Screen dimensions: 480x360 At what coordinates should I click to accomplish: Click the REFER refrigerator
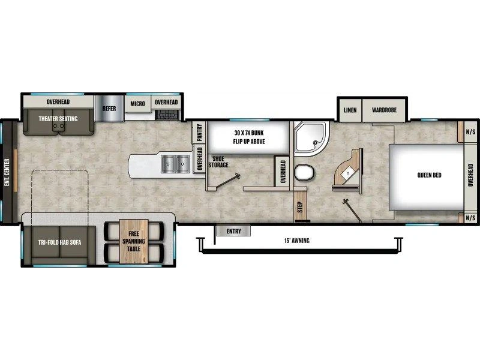tap(109, 109)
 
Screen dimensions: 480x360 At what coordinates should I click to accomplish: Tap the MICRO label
tap(138, 104)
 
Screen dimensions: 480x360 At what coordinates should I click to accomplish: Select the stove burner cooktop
tap(167, 115)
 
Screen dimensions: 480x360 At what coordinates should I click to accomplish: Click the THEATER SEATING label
tap(58, 118)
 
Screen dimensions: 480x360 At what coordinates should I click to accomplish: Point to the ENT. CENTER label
tap(7, 172)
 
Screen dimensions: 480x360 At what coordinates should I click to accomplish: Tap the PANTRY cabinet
tap(199, 132)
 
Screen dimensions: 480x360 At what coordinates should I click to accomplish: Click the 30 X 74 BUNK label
tap(249, 133)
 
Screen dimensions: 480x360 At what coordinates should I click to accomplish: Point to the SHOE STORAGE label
tap(218, 162)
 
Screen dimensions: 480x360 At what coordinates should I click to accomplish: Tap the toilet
tap(304, 172)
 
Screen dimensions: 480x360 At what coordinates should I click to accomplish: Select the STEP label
tap(300, 207)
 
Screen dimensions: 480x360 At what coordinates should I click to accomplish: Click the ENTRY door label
tap(233, 231)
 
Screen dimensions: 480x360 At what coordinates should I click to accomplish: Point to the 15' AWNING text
tap(296, 241)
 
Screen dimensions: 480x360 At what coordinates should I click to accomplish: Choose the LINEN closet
tap(350, 110)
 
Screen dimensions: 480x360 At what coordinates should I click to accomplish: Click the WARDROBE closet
tap(384, 110)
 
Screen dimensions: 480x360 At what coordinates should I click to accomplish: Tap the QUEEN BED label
tap(429, 175)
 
